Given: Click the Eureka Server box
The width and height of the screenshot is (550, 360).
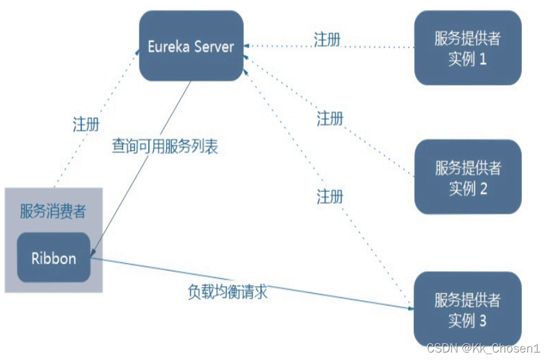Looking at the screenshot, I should pos(191,46).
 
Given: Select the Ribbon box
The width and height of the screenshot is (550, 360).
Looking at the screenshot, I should pos(54,257).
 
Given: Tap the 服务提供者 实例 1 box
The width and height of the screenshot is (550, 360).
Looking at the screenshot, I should pos(467,48).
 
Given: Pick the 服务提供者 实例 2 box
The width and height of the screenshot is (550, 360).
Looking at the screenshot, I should pos(467,177).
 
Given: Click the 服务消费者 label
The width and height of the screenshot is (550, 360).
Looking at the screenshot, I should pos(53,211).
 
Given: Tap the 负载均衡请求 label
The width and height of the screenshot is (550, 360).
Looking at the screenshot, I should pos(227,291).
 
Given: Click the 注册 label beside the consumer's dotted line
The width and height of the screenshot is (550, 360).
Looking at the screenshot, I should pos(86,124).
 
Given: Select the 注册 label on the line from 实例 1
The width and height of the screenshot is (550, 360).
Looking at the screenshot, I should pos(327,40).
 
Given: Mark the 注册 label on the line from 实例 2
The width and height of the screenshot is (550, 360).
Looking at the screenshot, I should pos(330,118).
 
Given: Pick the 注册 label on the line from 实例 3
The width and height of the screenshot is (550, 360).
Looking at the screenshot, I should pos(330,197).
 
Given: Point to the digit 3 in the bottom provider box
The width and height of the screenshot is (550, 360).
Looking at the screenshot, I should pos(482,321).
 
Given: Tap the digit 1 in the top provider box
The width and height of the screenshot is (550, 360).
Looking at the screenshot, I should pos(482,60).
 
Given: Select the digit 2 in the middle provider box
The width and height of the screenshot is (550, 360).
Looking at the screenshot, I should pos(482,189).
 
